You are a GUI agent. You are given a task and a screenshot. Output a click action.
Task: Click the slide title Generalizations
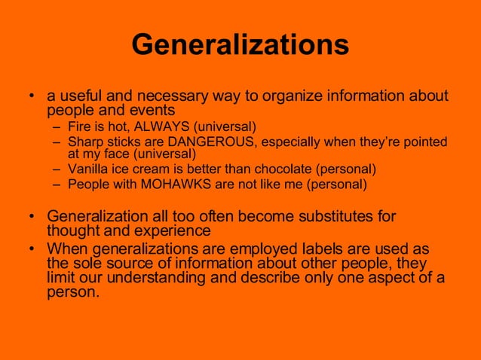pyautogui.click(x=240, y=44)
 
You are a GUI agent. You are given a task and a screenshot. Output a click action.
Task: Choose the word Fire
pyautogui.click(x=79, y=126)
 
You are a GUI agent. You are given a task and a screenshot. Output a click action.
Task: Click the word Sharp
pyautogui.click(x=84, y=142)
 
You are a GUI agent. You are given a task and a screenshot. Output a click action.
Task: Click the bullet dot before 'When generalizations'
pyautogui.click(x=32, y=249)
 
